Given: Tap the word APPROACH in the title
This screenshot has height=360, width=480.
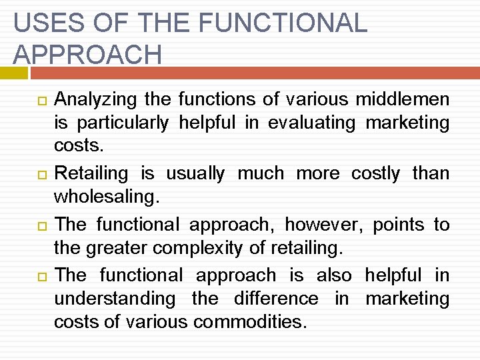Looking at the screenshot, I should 87,54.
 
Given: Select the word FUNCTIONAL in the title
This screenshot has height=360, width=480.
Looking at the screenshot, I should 283,23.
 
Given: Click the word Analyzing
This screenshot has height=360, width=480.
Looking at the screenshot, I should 95,100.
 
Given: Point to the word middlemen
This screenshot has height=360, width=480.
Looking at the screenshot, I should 402,100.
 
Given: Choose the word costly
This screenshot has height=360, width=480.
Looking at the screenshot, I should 375,174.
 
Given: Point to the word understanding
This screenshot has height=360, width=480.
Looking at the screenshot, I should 115,299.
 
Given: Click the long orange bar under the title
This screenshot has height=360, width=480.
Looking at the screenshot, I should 254,72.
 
